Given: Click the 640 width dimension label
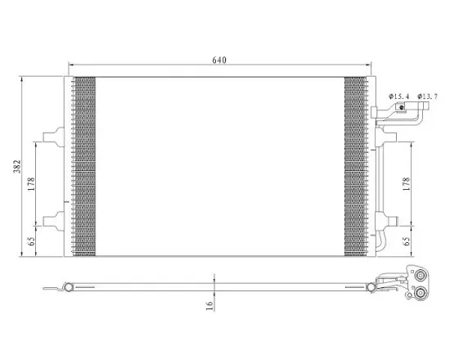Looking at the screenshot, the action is [219, 60].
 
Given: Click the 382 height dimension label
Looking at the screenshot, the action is [17, 167].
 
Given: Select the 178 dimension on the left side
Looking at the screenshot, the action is [31, 184].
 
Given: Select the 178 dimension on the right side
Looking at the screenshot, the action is [407, 184].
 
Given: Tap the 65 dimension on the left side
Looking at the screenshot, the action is [32, 241].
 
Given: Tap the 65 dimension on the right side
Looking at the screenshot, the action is [407, 241].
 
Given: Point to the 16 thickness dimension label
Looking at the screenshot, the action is [210, 305].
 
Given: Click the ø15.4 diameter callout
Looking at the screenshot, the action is [399, 97].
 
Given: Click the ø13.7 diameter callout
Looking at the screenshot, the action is [428, 97].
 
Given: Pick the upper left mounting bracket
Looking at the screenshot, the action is [54, 137].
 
